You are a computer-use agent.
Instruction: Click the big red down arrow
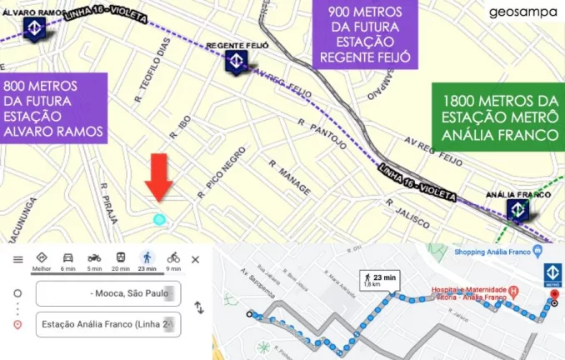[160, 174]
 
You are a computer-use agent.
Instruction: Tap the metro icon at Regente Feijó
[236, 62]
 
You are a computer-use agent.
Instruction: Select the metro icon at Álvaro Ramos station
[34, 27]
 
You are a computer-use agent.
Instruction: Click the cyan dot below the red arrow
[159, 219]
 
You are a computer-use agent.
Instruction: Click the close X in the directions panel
[196, 259]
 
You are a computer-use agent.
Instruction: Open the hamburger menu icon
[16, 259]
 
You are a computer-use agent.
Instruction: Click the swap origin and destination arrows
[198, 307]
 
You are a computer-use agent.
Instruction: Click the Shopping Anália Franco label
[494, 253]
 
